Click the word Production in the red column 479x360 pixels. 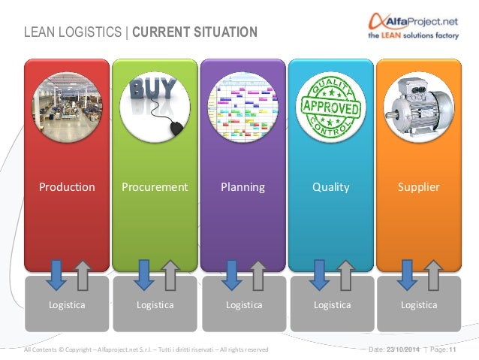click(x=67, y=187)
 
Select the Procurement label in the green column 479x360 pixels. click(x=155, y=187)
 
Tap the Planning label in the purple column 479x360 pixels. click(x=243, y=187)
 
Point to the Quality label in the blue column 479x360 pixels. click(x=331, y=187)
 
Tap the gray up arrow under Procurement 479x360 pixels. click(x=170, y=275)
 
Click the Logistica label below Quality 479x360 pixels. click(x=332, y=305)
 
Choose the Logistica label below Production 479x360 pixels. click(x=67, y=305)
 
